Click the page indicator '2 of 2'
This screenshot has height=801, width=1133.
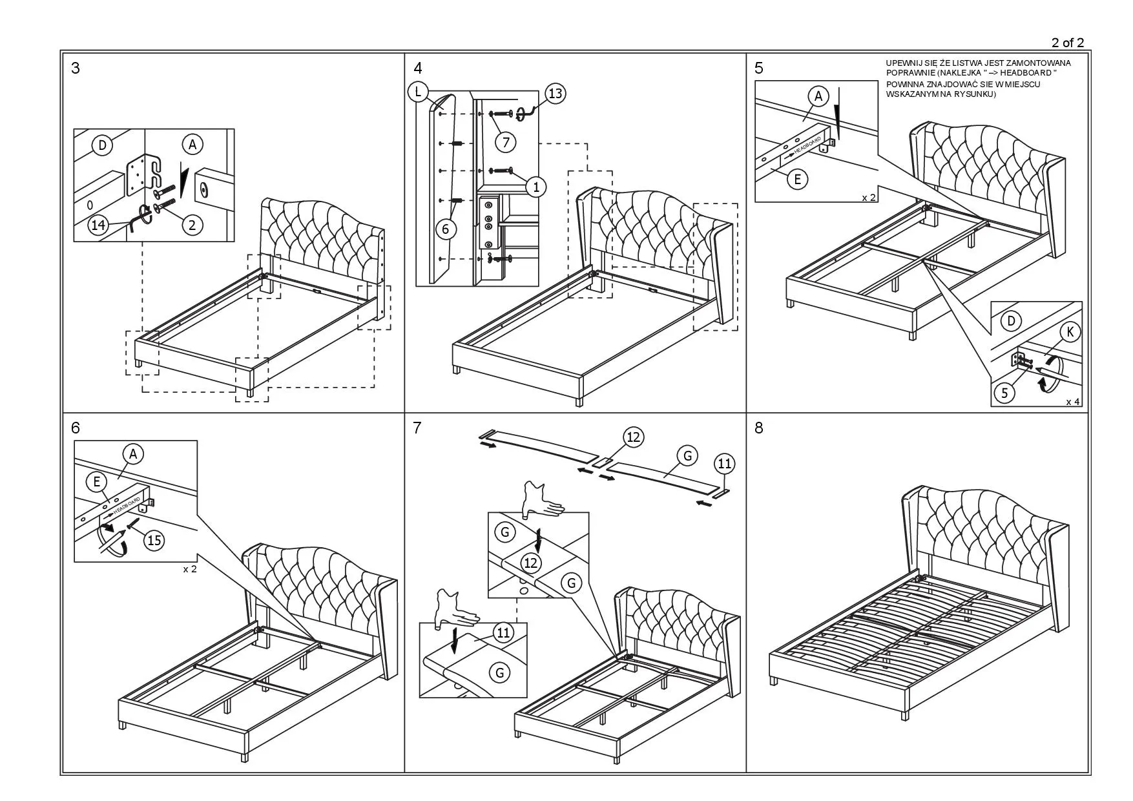click(1067, 43)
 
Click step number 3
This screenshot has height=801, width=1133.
click(76, 68)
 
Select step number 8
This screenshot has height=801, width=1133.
click(759, 428)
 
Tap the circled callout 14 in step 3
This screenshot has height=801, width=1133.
click(98, 225)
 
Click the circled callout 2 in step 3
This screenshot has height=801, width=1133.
click(192, 224)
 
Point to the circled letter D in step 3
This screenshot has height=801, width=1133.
click(102, 145)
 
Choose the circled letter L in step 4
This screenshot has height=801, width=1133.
click(418, 92)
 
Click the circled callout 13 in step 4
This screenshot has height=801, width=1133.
click(555, 94)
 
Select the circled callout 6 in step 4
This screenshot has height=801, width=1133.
click(446, 229)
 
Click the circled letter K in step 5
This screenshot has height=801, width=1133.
click(1070, 332)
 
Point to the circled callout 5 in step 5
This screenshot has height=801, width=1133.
click(1004, 392)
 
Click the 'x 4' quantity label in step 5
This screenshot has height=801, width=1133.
click(1072, 402)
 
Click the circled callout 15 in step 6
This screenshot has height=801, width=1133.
click(154, 539)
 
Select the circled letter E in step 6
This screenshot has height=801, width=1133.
click(97, 481)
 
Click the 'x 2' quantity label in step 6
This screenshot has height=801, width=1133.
click(189, 569)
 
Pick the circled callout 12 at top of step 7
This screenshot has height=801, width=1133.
click(633, 437)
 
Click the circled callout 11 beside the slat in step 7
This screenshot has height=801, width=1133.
click(725, 463)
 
